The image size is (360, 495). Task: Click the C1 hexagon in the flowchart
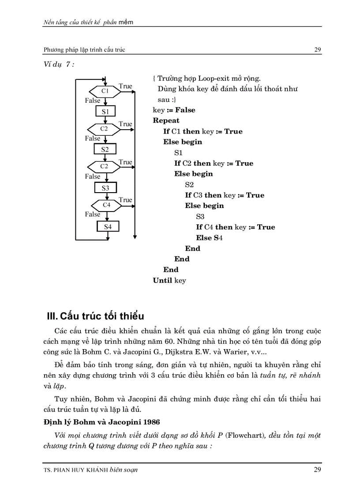point(105,91)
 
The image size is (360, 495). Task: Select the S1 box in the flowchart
point(105,111)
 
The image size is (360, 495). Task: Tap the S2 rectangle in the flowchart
point(105,149)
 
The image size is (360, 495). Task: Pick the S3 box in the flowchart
point(105,188)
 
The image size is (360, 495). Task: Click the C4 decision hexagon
point(107,205)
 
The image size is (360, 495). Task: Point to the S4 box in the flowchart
point(108,226)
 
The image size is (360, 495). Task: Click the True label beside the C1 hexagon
point(125,86)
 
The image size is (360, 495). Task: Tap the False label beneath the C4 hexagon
point(93,214)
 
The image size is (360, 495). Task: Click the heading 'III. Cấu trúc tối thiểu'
point(96,316)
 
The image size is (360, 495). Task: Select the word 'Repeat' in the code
point(166,120)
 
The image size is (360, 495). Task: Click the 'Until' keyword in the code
point(162,280)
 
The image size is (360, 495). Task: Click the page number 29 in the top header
point(318,50)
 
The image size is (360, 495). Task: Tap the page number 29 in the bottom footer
point(317,469)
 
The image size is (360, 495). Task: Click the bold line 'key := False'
point(174,110)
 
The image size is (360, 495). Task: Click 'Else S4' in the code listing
point(209,238)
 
